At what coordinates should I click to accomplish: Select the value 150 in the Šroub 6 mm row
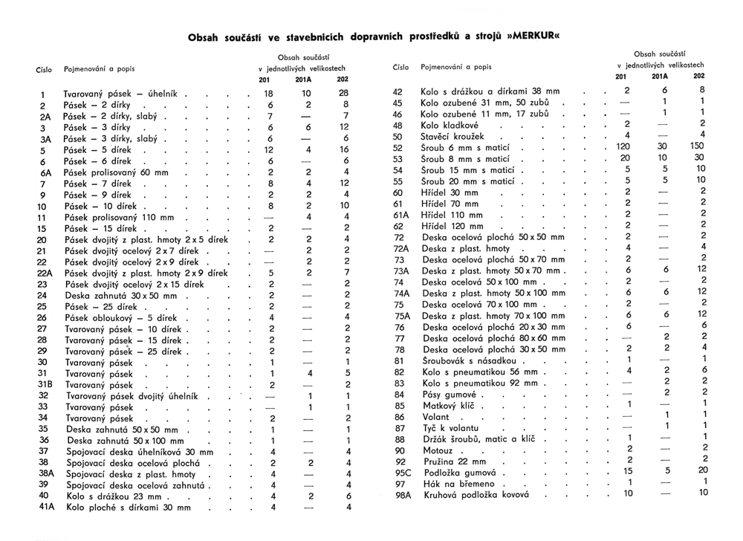pos(696,147)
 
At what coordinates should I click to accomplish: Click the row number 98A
pos(403,494)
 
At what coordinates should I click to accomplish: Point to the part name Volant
pos(435,417)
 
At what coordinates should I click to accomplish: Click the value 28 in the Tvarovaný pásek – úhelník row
pos(343,94)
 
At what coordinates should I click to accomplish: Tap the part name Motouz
pos(438,450)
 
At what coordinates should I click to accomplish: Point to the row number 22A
pos(45,273)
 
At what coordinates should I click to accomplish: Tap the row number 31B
pos(45,384)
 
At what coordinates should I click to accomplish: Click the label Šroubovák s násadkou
pos(467,361)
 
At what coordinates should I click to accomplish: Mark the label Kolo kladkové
pos(450,126)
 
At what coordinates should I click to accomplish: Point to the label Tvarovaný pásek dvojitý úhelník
pos(130,396)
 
